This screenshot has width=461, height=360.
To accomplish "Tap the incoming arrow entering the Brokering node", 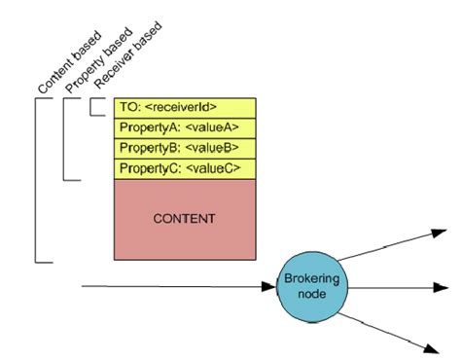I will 175,287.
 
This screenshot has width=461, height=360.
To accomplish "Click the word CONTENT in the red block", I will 184,220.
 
